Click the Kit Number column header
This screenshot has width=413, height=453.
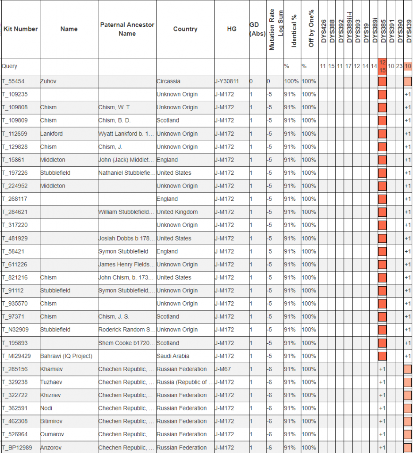pos(20,29)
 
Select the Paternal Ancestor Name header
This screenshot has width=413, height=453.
pos(127,29)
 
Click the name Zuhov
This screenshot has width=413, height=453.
pos(48,81)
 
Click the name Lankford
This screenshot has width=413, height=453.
pos(51,134)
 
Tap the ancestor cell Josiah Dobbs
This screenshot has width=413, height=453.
pos(126,238)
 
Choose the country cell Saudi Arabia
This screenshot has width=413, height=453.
pos(173,356)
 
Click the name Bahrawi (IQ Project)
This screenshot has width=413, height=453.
pos(64,356)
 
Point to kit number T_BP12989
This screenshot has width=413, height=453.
pos(18,447)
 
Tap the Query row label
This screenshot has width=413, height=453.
pos(10,66)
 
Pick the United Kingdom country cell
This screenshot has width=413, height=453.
pos(177,212)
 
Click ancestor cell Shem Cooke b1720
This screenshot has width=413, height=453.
pos(126,343)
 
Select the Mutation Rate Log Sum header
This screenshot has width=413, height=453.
pos(275,29)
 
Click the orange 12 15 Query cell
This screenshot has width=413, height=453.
pos(382,66)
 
